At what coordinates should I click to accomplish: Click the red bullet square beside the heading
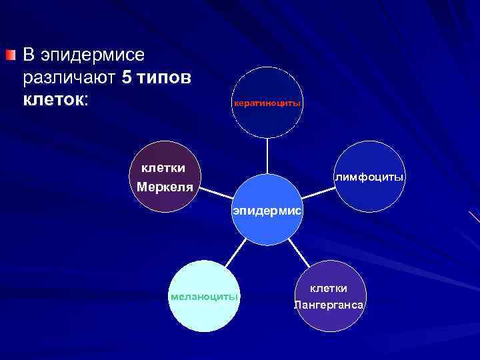click(9, 54)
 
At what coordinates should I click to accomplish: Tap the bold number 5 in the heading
click(128, 78)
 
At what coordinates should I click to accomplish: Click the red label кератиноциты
click(267, 103)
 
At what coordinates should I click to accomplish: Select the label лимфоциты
click(369, 177)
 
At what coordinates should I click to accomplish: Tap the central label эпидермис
click(267, 211)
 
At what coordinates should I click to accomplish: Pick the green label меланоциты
click(204, 296)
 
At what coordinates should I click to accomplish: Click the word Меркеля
click(165, 187)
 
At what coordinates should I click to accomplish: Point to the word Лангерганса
click(330, 305)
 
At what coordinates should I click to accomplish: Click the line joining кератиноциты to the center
click(267, 156)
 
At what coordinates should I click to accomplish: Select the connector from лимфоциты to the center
click(319, 193)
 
